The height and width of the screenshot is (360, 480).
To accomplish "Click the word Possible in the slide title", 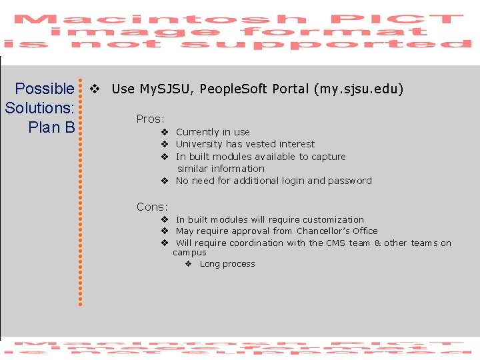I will click(x=45, y=89).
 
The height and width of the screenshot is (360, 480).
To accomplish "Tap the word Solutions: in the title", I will click(x=39, y=107).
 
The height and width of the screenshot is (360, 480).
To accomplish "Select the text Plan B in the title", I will click(x=51, y=127).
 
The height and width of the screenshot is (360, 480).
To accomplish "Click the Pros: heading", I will click(x=150, y=119).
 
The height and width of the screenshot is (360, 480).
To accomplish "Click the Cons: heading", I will click(x=152, y=207).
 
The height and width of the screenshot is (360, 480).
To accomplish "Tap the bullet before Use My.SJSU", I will click(x=95, y=89).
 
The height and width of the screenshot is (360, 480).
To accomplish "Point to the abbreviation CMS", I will click(x=336, y=243).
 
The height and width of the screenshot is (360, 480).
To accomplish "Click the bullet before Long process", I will click(x=188, y=264).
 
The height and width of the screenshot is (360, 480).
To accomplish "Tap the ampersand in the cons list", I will click(x=377, y=243).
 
